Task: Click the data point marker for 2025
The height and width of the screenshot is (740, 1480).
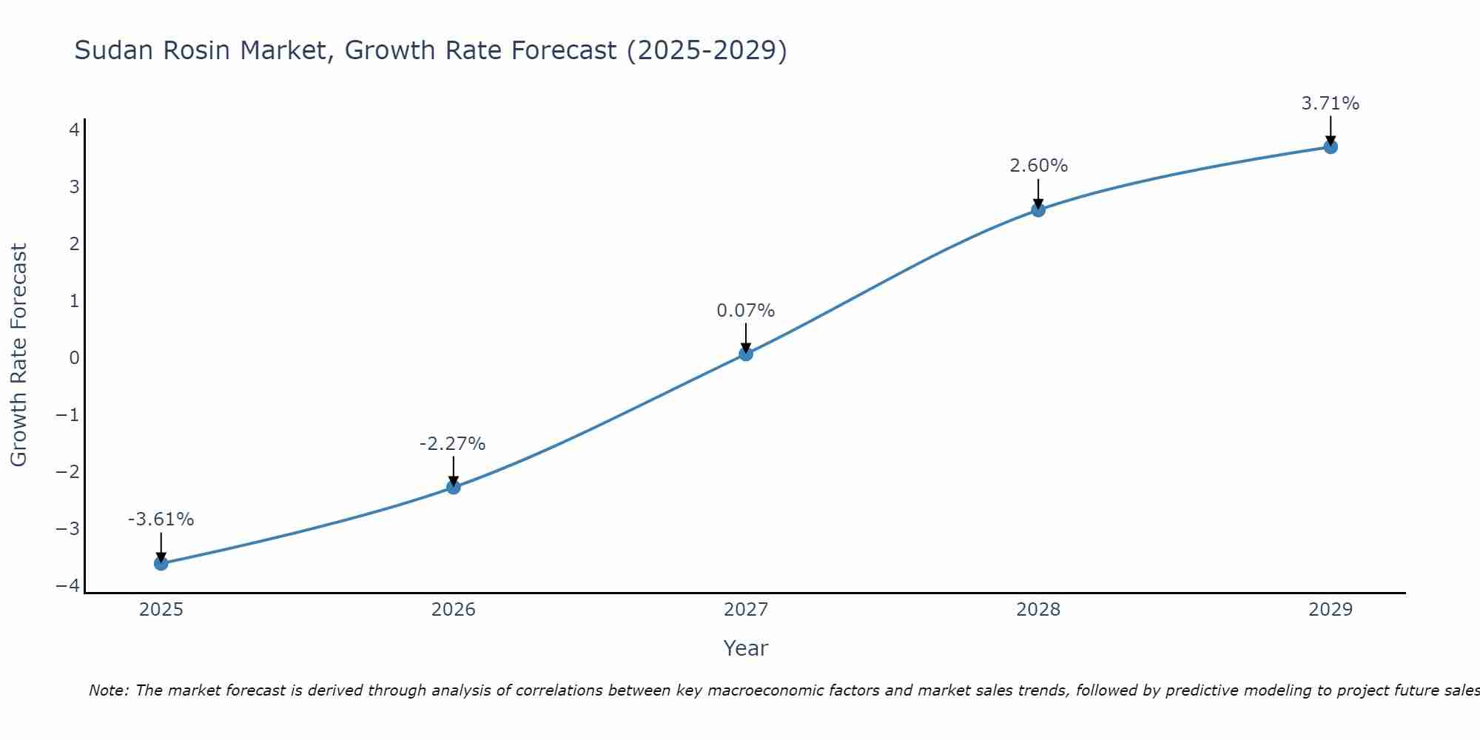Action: pos(161,564)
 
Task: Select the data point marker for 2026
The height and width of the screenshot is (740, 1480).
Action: pos(454,487)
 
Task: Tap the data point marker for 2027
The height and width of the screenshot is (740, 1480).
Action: pos(746,354)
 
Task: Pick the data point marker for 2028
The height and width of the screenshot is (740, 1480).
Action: pos(1038,209)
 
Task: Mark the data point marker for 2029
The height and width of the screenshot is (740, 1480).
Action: pos(1331,147)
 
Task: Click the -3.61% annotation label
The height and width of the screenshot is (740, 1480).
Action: pos(161,519)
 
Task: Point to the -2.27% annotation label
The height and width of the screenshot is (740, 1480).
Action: pos(453,444)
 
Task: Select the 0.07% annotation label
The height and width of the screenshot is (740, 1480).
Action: pos(746,311)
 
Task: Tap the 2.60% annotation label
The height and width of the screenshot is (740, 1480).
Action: pos(1039,166)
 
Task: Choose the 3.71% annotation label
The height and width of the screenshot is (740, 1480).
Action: pos(1331,104)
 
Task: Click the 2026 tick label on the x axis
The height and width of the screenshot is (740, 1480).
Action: pos(454,610)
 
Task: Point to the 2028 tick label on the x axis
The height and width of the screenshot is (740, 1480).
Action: pos(1038,610)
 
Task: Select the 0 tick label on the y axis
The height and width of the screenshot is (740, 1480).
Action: pos(75,358)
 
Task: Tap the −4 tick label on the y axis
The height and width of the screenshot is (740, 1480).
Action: pos(68,586)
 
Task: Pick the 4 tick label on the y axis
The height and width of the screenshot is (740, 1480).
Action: pos(75,130)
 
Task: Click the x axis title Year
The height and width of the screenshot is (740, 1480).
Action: pos(746,648)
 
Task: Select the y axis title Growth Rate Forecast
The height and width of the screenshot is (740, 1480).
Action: pos(18,355)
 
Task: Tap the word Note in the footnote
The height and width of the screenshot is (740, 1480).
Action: pos(109,690)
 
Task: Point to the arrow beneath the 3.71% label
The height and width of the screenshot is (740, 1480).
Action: pos(1331,130)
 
